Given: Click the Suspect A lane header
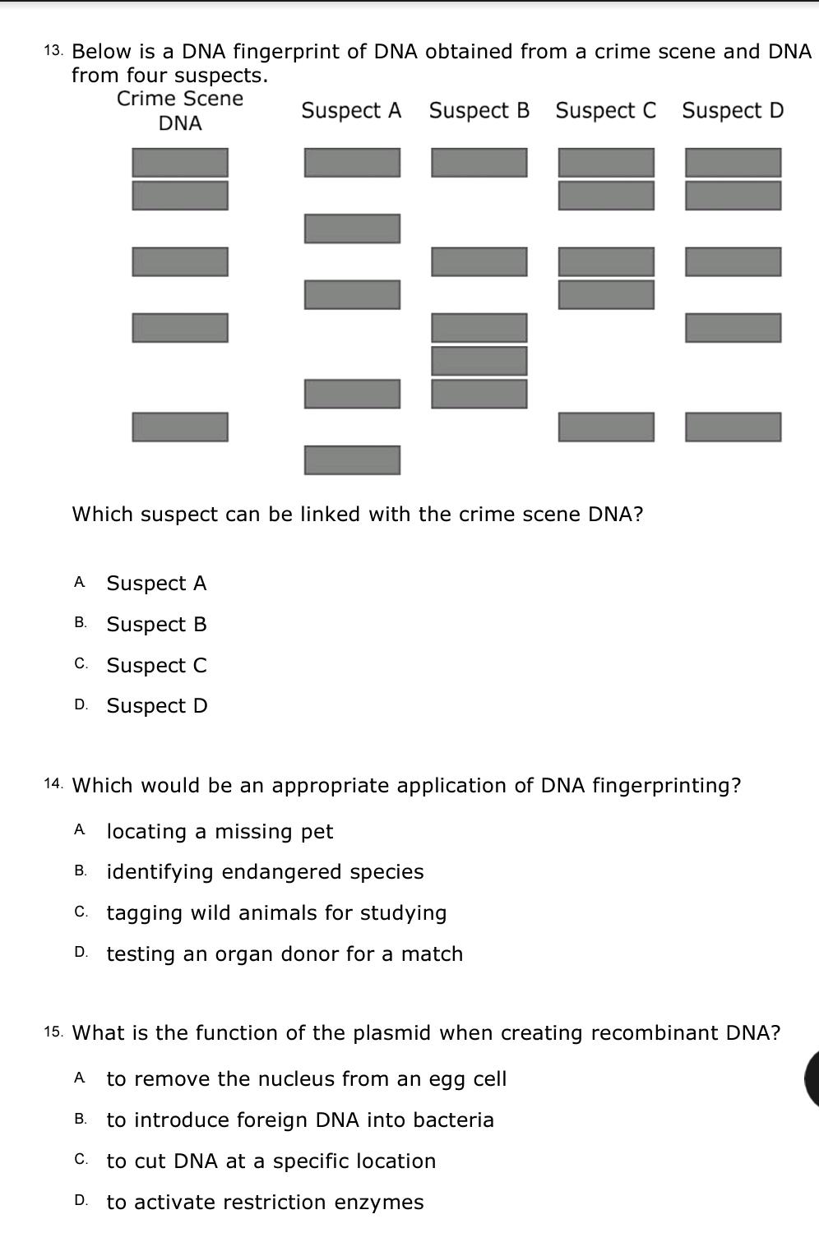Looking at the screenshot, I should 351,110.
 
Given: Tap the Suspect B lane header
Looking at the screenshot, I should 479,110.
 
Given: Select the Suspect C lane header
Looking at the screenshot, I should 606,110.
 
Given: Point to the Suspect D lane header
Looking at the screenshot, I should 733,110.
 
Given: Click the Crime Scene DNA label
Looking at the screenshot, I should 180,111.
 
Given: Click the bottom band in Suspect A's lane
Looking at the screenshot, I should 352,459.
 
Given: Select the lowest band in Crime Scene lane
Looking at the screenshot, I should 180,427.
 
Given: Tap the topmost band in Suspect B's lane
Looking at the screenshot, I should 479,163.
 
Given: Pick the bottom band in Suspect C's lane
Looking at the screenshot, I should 606,427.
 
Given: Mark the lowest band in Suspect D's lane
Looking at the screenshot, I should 733,427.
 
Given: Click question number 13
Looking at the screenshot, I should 53,51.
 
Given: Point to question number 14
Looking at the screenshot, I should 53,785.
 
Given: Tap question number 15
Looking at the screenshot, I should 53,1032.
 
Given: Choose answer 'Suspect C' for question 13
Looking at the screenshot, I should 156,665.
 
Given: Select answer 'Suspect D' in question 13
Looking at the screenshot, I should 157,705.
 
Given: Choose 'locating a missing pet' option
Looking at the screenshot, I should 220,831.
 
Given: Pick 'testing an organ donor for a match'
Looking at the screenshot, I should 285,953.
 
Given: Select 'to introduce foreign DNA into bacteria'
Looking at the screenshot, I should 300,1120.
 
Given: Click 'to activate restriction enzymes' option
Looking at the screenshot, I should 265,1202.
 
